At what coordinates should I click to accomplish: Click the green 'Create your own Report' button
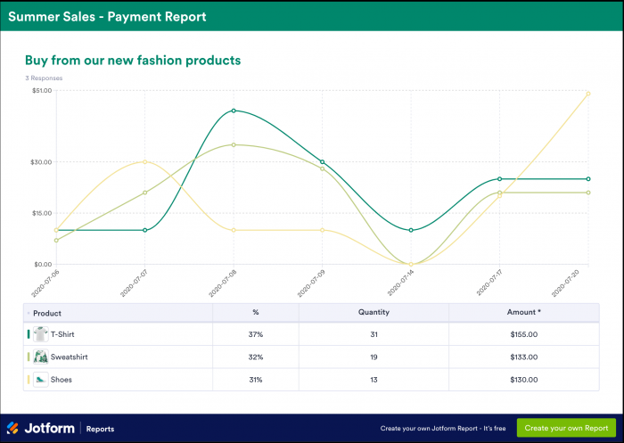[x=566, y=428]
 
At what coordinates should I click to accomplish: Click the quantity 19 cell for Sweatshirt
[x=374, y=357]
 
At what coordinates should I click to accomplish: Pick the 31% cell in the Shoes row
[x=255, y=380]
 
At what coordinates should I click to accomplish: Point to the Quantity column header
[x=374, y=313]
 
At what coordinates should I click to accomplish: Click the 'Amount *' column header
[x=523, y=313]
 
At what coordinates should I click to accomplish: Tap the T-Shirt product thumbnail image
[x=40, y=334]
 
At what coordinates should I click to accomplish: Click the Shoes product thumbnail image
[x=40, y=380]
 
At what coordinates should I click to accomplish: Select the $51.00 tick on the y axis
[x=41, y=91]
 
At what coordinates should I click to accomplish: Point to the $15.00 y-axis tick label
[x=41, y=213]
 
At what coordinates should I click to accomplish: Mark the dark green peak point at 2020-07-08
[x=234, y=111]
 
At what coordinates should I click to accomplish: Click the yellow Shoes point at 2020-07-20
[x=588, y=93]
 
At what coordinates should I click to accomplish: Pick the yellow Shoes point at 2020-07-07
[x=144, y=162]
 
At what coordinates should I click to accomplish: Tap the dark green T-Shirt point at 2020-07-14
[x=411, y=230]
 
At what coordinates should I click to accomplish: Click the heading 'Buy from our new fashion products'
[x=133, y=61]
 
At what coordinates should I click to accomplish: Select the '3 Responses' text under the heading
[x=44, y=78]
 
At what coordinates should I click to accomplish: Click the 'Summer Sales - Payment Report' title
[x=107, y=16]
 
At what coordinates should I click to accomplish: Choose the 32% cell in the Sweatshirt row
[x=255, y=357]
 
